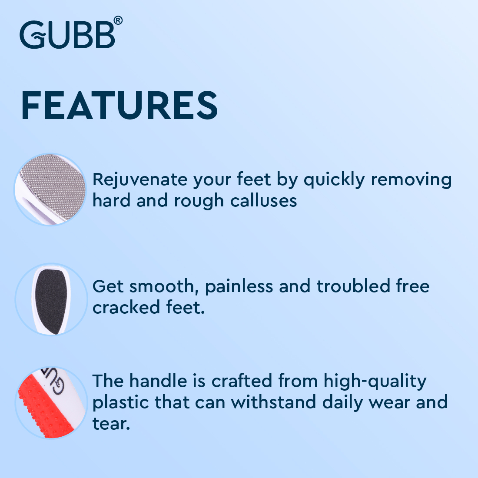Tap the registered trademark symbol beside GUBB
[118, 20]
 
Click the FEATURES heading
[119, 106]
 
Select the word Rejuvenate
[140, 180]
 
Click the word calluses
[263, 201]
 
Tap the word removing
[411, 180]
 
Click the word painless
[239, 287]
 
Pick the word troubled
[353, 286]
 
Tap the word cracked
[126, 307]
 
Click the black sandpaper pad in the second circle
[51, 301]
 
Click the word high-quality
[375, 382]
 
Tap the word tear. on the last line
[111, 424]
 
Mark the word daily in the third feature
[343, 402]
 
